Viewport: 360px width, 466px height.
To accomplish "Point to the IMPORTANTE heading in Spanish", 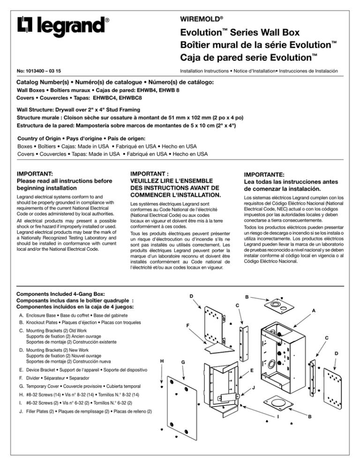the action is [264, 175].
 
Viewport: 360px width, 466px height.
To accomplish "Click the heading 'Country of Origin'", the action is [39, 138].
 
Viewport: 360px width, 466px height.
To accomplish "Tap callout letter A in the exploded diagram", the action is [314, 310].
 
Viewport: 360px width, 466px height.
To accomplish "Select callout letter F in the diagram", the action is [188, 325].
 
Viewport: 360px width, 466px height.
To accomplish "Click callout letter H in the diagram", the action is [162, 361].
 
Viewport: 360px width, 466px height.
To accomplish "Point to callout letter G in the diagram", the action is [183, 362].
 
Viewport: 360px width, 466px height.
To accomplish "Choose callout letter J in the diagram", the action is [254, 388].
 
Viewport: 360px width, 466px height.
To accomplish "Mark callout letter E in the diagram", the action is [252, 370].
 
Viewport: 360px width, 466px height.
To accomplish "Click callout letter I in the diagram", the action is [278, 417].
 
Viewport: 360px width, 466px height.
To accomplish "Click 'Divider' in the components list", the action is [33, 378].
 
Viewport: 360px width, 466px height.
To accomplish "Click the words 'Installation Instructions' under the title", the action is [204, 71].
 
